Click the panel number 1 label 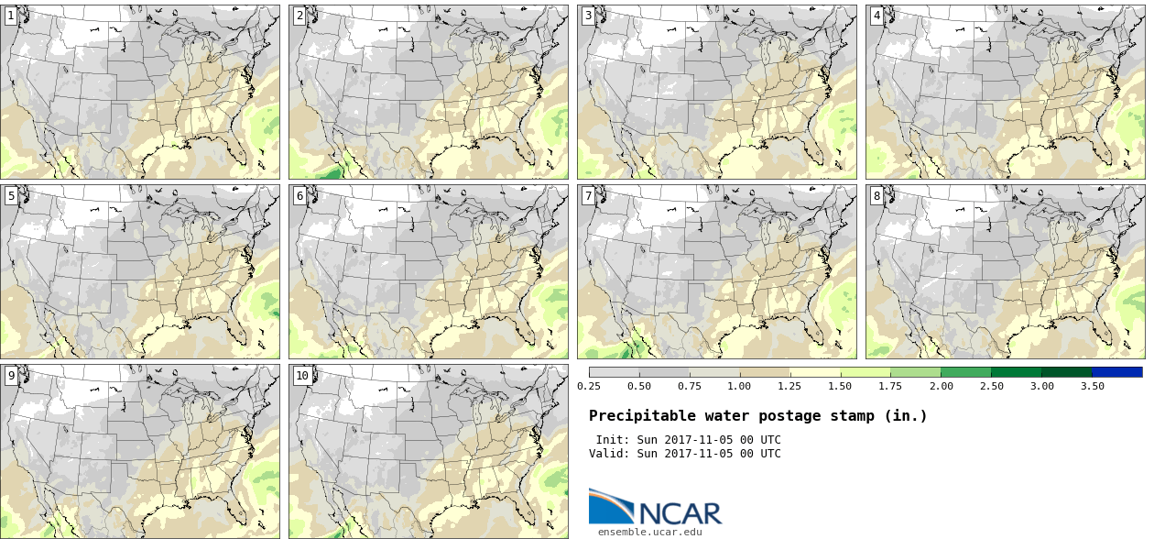11,16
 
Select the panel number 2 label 299,16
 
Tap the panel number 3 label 588,16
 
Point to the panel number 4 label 876,16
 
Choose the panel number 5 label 11,195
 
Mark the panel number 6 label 299,195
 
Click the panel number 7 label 588,195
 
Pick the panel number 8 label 876,195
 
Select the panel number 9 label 11,375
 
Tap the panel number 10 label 302,375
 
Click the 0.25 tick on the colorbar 588,386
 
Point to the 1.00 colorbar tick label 738,386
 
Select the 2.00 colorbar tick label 941,386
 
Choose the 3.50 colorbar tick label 1092,386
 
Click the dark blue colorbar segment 1116,372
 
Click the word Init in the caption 612,440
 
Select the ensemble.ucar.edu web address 650,531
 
